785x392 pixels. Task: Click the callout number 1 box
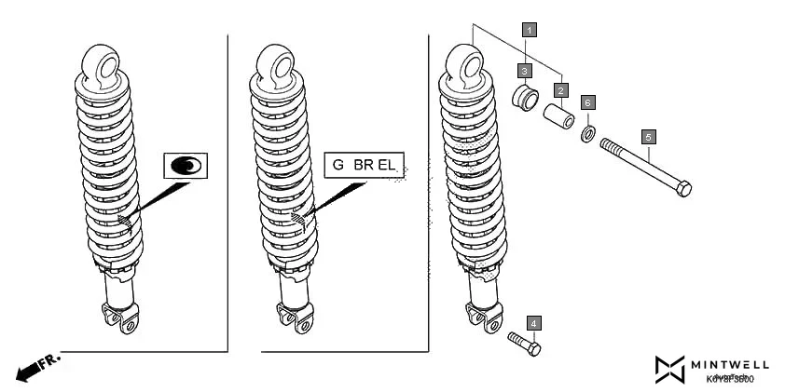tap(529, 29)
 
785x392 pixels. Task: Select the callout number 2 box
tap(560, 90)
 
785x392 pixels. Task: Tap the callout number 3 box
tap(526, 71)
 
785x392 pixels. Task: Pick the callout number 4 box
tap(532, 323)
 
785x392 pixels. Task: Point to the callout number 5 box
tap(649, 136)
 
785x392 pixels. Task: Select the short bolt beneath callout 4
tap(525, 343)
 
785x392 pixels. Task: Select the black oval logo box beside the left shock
tap(186, 166)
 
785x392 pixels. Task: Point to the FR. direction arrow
tap(37, 367)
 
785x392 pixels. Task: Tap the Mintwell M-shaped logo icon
tap(669, 369)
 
